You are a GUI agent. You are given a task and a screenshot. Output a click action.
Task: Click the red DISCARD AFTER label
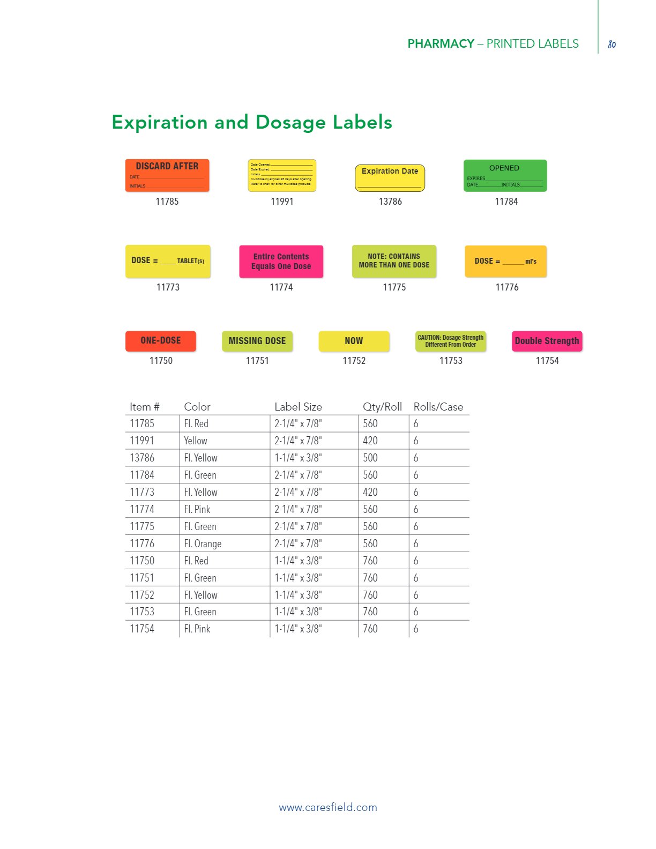[x=167, y=175]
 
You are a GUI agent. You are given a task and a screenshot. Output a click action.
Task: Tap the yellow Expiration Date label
[x=390, y=178]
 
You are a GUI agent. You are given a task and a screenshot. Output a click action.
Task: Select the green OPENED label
[x=505, y=175]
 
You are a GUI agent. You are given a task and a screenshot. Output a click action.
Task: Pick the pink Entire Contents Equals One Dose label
[x=281, y=262]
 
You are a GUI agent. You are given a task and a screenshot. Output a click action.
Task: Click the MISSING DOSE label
[x=257, y=341]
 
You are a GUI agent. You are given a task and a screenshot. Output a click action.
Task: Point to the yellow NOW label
[x=354, y=341]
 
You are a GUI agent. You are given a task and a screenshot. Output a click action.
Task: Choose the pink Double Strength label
[x=547, y=341]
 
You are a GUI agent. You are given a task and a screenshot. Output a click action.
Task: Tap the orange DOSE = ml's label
[x=505, y=262]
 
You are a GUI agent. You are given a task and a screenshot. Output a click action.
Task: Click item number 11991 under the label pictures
[x=282, y=202]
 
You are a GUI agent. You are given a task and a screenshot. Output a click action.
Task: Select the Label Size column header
[x=298, y=407]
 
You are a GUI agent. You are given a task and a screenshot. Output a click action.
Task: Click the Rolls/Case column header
[x=438, y=407]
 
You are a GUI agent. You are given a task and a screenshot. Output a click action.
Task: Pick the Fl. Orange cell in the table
[x=203, y=543]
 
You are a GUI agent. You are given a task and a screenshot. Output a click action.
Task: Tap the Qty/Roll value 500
[x=370, y=458]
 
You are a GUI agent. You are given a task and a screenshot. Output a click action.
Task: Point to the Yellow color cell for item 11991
[x=196, y=441]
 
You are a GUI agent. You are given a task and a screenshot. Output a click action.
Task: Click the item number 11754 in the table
[x=142, y=629]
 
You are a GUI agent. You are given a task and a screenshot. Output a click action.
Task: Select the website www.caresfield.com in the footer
[x=328, y=807]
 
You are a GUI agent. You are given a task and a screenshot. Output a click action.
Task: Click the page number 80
[x=612, y=44]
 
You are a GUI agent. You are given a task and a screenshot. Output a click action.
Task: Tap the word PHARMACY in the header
[x=441, y=44]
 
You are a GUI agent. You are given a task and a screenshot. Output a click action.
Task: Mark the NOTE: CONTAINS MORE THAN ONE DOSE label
[x=394, y=262]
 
